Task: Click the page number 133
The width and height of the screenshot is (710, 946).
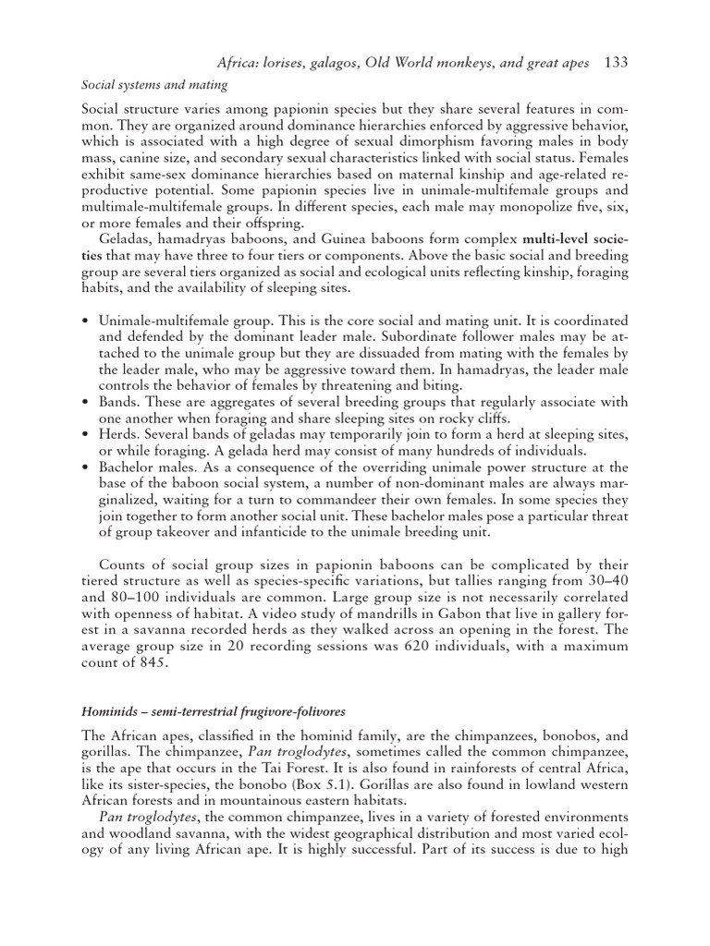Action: [616, 64]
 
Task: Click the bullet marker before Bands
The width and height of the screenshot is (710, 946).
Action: [85, 402]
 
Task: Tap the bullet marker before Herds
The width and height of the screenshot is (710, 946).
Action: [85, 435]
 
